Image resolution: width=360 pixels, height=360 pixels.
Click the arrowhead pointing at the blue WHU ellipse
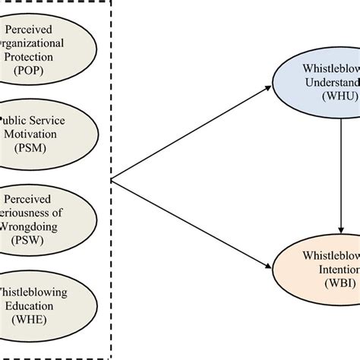click(271, 89)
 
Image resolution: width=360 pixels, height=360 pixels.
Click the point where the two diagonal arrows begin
click(112, 179)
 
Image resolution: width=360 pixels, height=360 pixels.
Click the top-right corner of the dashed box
click(111, 2)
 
